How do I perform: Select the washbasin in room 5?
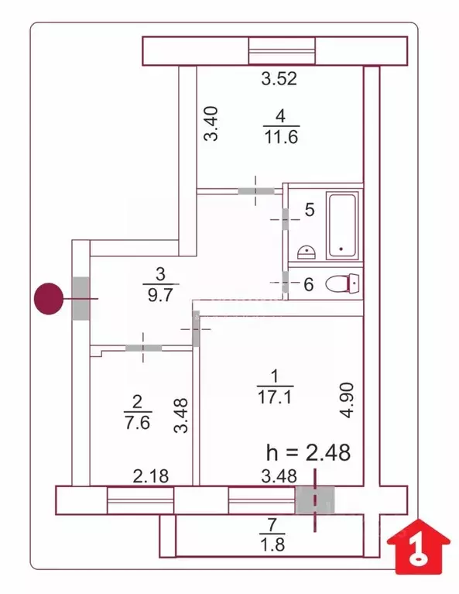pyautogui.click(x=307, y=251)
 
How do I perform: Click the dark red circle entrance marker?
pyautogui.click(x=49, y=298)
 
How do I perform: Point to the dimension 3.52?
pyautogui.click(x=279, y=78)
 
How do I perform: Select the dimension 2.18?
pyautogui.click(x=150, y=476)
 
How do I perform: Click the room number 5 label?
pyautogui.click(x=309, y=209)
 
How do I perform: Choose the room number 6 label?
pyautogui.click(x=308, y=284)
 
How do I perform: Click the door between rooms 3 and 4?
pyautogui.click(x=256, y=189)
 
